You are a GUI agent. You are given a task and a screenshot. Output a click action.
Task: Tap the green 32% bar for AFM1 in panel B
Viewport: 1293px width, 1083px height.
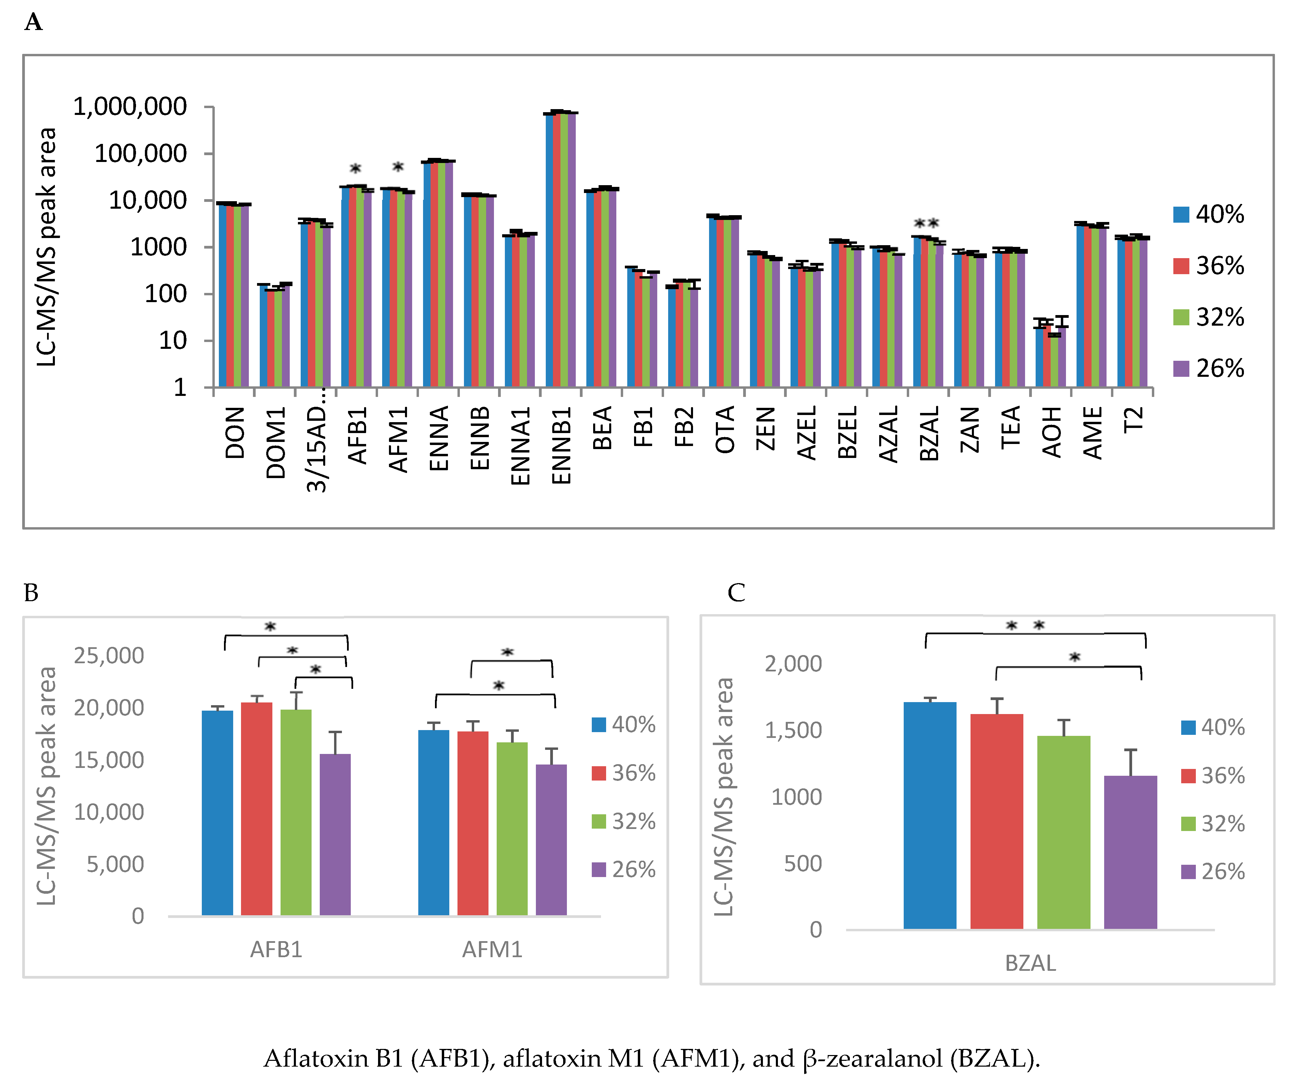(x=512, y=829)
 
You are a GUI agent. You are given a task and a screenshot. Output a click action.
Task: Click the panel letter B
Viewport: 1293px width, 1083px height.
(x=31, y=593)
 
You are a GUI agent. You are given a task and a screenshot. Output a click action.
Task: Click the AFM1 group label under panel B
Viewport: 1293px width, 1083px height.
(x=492, y=949)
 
